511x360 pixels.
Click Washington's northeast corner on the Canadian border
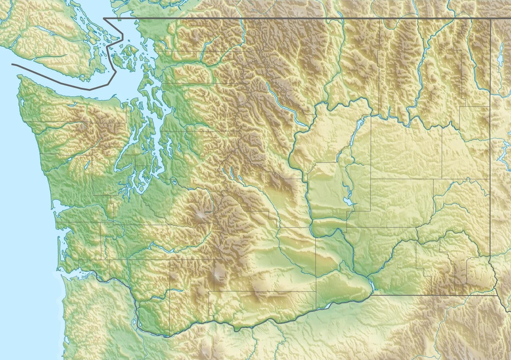(490, 18)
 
